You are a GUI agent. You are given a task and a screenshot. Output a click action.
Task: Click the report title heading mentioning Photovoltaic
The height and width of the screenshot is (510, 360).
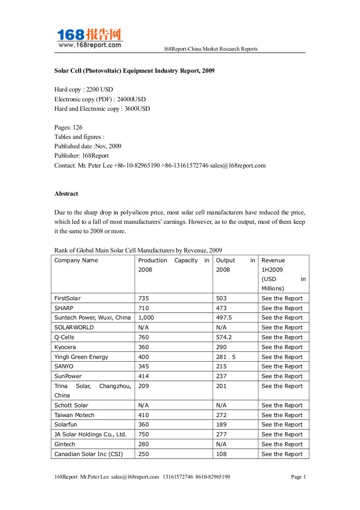[x=135, y=70]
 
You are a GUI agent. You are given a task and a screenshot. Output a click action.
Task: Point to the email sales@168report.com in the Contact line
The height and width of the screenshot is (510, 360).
[x=238, y=165]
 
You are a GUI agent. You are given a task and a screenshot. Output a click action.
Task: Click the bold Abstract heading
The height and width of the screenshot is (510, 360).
[x=66, y=193]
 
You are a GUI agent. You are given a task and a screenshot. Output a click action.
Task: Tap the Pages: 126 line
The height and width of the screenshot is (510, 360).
[x=68, y=127]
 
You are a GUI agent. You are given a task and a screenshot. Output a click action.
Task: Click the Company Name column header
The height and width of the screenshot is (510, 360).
[x=76, y=260]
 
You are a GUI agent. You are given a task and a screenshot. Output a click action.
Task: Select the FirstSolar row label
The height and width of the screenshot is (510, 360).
[x=67, y=298]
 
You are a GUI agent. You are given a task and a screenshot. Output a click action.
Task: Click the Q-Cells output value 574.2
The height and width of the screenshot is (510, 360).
[x=225, y=337]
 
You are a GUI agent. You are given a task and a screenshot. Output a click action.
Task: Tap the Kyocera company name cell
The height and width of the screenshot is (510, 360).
[x=65, y=347]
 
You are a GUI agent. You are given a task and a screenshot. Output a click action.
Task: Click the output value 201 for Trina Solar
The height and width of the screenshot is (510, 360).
[x=221, y=386]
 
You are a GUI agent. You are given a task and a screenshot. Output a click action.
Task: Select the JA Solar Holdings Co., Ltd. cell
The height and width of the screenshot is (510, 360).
[x=90, y=434]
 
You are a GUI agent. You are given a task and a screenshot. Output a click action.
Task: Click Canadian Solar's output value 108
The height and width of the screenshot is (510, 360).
[x=221, y=454]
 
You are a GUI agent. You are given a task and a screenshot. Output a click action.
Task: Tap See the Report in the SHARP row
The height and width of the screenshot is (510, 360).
[x=282, y=308]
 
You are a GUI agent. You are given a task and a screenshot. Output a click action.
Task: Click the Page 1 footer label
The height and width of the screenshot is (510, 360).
[x=298, y=477]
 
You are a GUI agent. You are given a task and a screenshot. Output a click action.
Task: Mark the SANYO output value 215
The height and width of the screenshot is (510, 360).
[x=221, y=366]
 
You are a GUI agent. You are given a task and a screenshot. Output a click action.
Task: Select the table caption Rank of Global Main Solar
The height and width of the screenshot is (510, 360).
[x=138, y=250]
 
